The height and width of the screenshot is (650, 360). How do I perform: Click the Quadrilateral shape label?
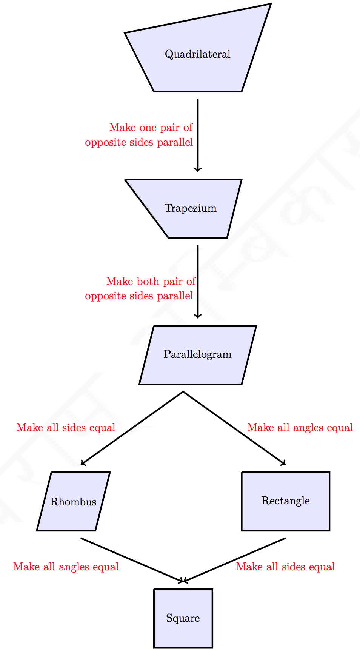197,54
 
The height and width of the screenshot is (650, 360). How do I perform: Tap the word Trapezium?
191,208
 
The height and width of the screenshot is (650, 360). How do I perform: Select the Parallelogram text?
197,354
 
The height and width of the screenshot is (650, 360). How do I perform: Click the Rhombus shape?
73,502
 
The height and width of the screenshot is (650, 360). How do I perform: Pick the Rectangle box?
285,501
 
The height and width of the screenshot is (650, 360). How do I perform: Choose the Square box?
183,618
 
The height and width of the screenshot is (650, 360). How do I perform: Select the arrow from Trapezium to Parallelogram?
198,281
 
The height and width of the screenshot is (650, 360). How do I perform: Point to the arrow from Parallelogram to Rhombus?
132,428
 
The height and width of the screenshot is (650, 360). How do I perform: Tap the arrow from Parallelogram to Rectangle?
234,428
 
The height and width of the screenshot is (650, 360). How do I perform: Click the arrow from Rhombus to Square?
132,560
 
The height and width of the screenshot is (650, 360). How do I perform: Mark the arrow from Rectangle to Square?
234,560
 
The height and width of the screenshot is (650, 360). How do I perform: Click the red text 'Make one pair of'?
151,128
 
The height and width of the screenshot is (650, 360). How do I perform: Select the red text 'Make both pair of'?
151,282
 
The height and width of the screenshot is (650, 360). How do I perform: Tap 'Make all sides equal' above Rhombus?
66,428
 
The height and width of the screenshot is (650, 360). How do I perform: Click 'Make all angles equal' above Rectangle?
300,428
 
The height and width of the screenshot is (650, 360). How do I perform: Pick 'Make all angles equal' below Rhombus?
66,567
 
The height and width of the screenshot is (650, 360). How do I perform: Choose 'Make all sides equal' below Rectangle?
285,567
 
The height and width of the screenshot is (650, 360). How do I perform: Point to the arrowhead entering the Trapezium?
198,169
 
